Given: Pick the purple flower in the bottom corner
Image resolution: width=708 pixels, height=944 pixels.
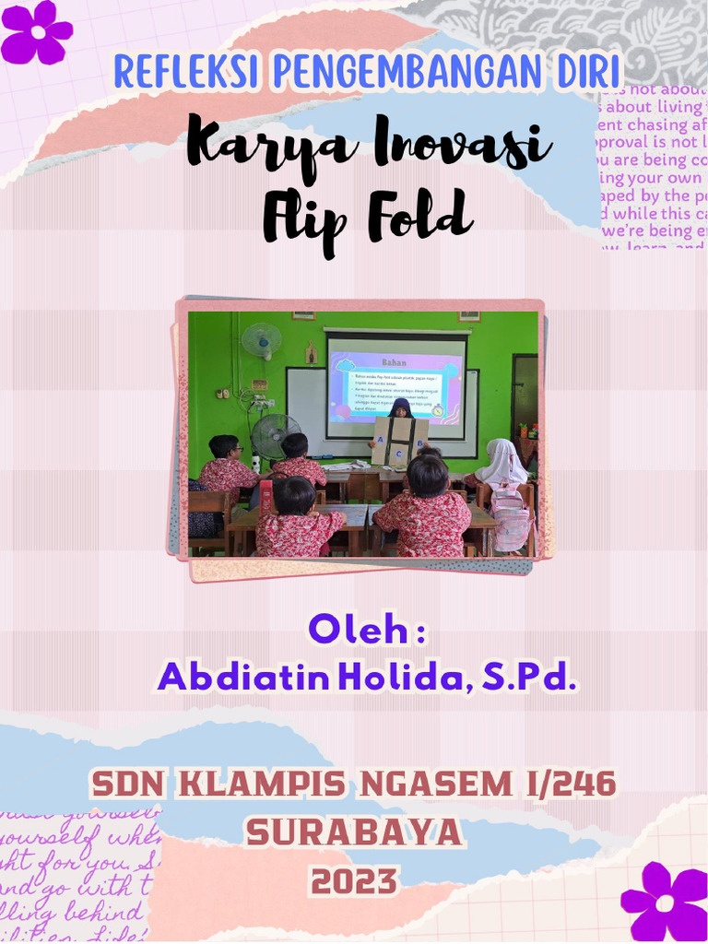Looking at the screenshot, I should [x=666, y=903].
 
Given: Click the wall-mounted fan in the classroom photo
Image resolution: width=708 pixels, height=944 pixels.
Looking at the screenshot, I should [x=261, y=340].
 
